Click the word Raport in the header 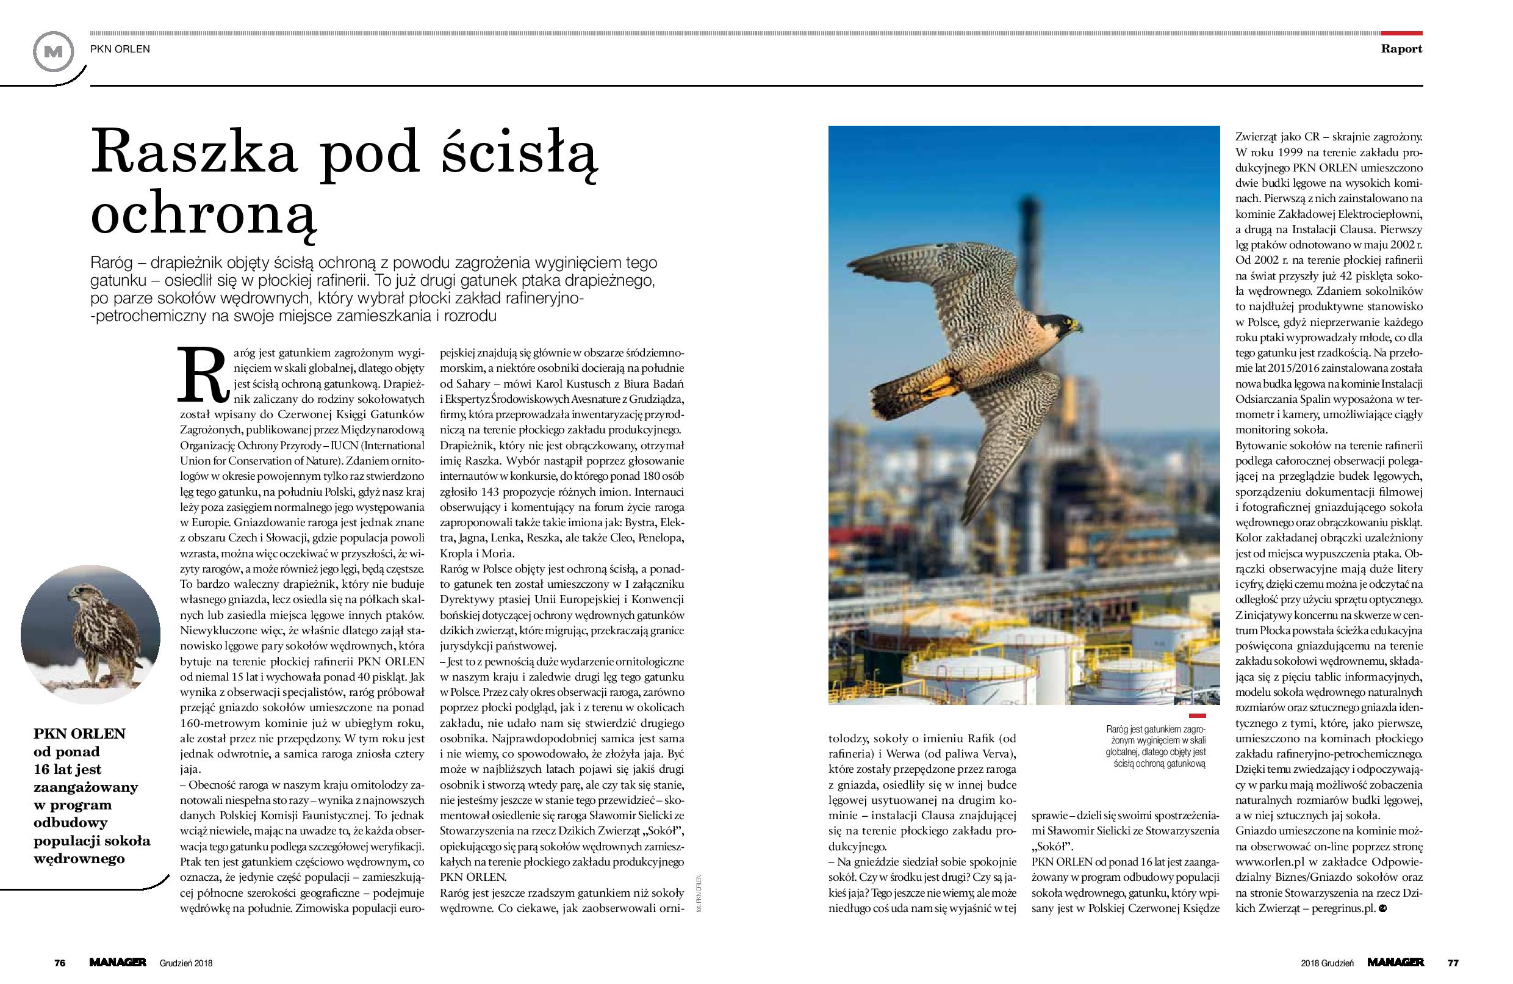1401,49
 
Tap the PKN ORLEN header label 120,49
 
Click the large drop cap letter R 201,375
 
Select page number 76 60,963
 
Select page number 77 1453,963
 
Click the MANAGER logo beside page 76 118,963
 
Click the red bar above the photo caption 1196,716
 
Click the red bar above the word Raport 1402,33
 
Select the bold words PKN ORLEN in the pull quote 79,733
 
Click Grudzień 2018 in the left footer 186,963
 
